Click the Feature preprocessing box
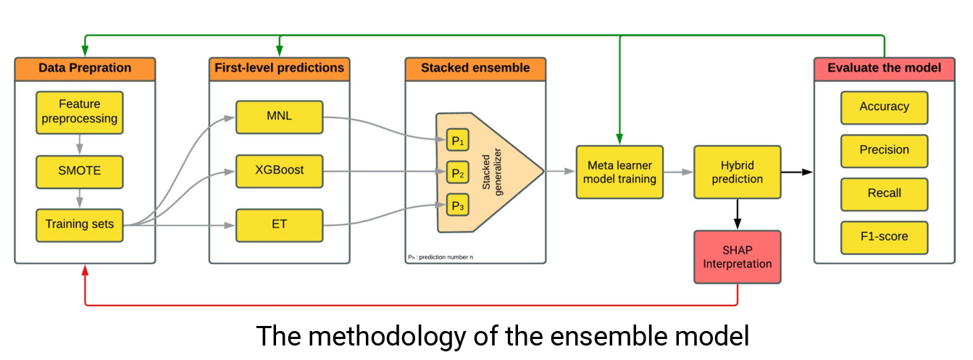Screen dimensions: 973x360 80,112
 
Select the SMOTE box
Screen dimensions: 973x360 80,172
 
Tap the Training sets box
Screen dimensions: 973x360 80,225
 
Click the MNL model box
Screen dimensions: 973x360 280,117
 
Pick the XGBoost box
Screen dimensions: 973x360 280,171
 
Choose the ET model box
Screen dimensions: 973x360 280,225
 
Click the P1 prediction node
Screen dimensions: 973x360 458,140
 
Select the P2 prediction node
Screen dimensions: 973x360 458,172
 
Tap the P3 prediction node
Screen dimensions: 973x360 458,205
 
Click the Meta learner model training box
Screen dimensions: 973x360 620,172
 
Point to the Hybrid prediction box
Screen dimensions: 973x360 738,172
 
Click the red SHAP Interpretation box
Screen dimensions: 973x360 738,257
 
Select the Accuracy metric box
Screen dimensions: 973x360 885,108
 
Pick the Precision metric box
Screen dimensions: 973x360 885,151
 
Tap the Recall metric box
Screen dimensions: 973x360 885,195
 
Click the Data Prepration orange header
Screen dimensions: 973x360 85,69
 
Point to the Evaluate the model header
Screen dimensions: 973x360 885,69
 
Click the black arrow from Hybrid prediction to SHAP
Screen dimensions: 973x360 738,214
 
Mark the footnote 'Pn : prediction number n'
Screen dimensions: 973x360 440,257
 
